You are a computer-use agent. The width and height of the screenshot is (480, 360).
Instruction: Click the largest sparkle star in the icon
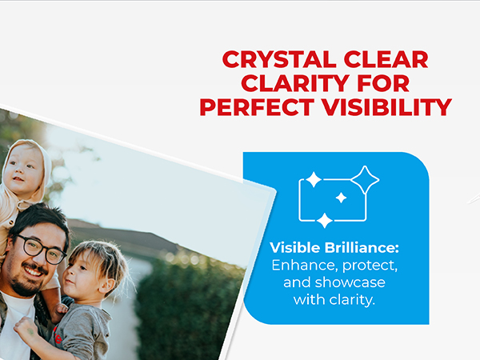pos(365,180)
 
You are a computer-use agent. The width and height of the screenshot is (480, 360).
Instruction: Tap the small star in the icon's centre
pos(342,198)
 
